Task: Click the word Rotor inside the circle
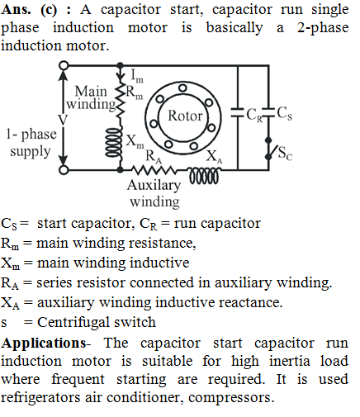click(185, 116)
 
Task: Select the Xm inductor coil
click(114, 142)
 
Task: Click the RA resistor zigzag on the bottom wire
click(154, 170)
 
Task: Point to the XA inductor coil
click(204, 176)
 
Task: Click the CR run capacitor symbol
click(238, 112)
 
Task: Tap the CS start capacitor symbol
click(268, 112)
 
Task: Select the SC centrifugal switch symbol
click(270, 149)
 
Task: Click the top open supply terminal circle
click(64, 65)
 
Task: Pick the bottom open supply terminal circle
click(64, 170)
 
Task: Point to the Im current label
click(137, 76)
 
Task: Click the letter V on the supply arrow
click(63, 120)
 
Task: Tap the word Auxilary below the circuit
click(154, 186)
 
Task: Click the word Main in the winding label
click(91, 91)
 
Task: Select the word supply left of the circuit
click(31, 152)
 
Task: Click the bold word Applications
click(44, 344)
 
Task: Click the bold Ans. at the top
click(16, 10)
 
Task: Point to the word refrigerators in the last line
click(40, 397)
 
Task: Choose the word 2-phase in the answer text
click(323, 28)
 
